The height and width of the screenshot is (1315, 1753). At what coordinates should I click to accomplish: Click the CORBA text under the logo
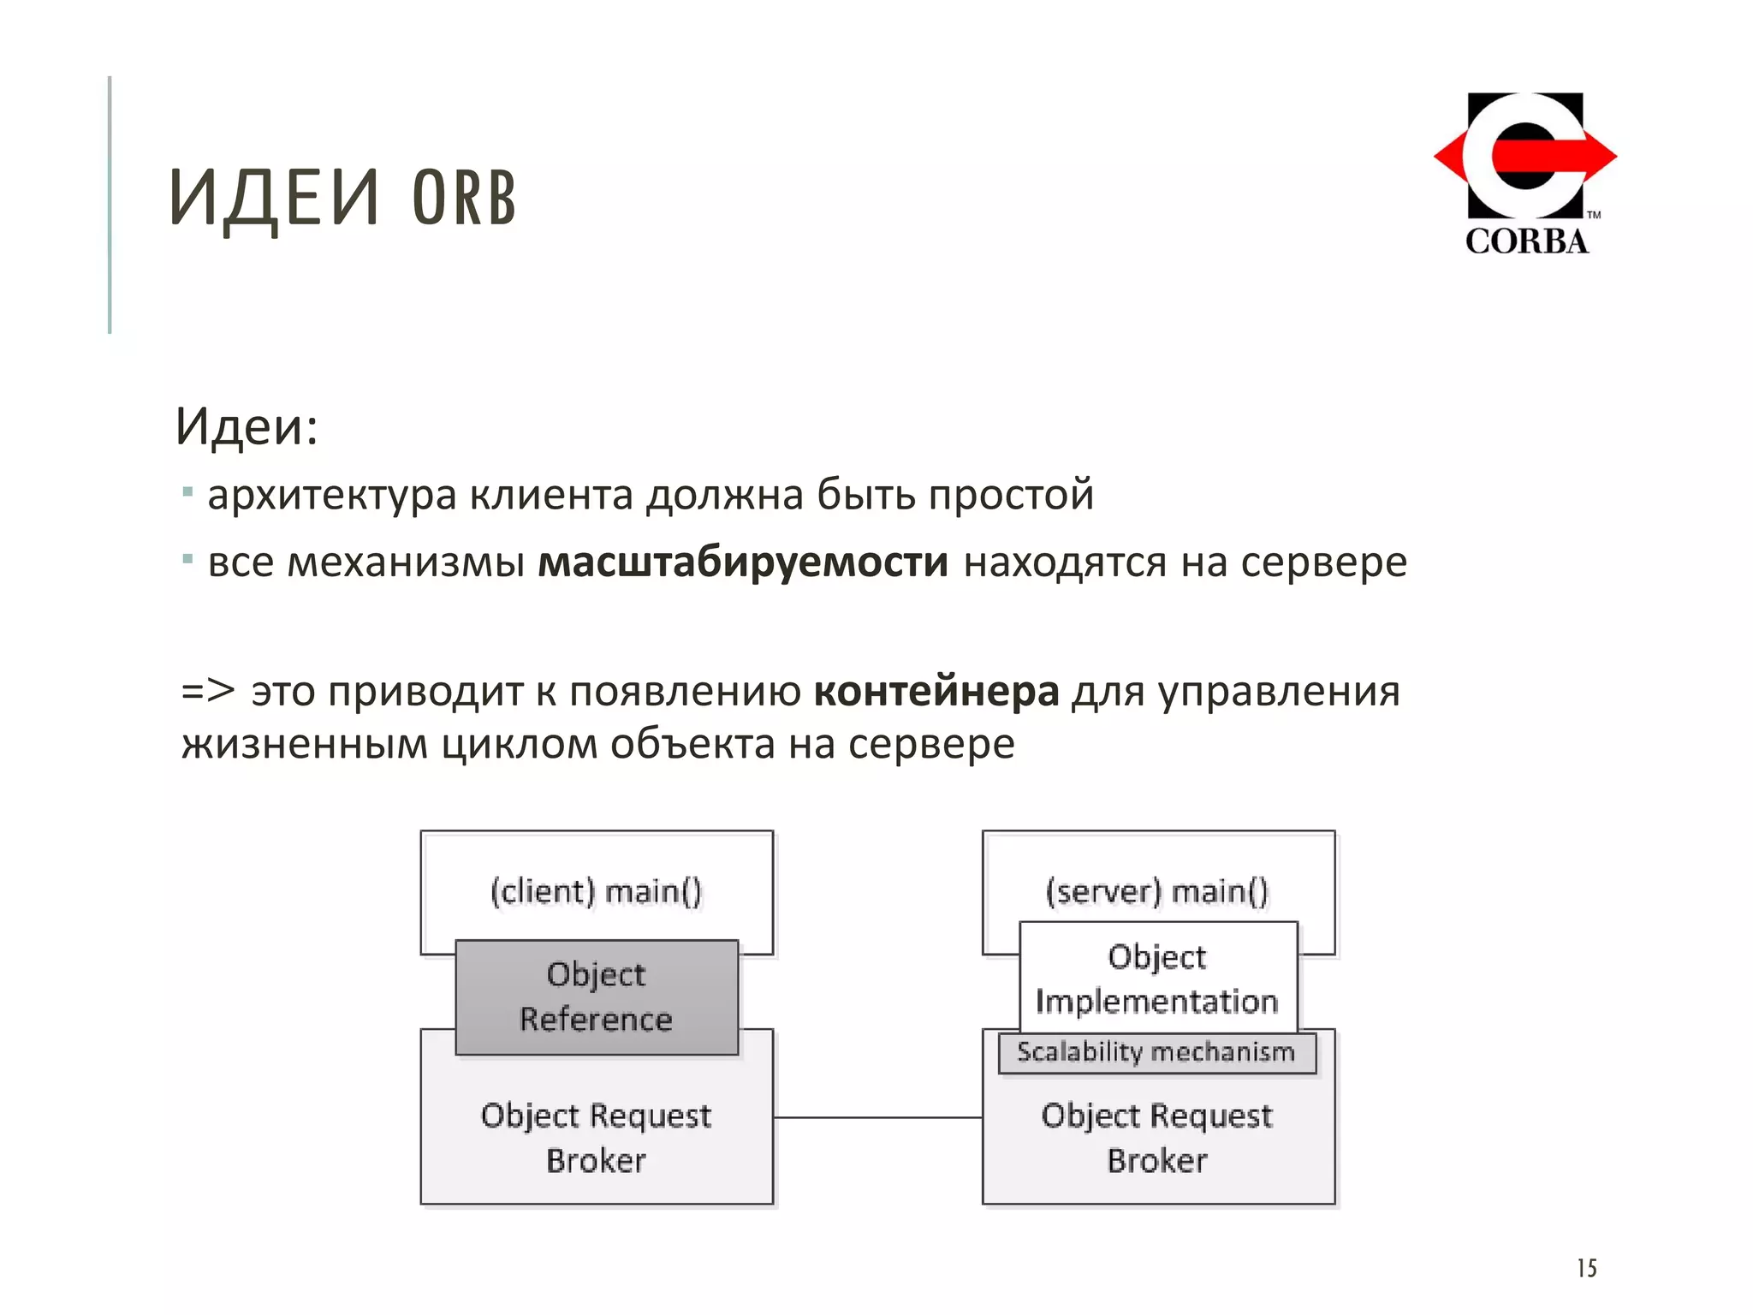(1526, 241)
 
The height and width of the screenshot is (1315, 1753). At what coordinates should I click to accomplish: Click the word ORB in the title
(464, 199)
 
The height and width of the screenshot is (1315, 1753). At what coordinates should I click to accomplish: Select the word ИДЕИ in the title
(274, 199)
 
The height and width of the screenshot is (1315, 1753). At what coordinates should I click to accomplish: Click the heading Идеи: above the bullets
(247, 426)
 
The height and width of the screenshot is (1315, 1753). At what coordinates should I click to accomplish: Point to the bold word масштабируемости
(742, 562)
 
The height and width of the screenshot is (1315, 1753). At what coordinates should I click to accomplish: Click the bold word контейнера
(936, 691)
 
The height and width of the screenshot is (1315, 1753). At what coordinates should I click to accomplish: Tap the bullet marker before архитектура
(187, 493)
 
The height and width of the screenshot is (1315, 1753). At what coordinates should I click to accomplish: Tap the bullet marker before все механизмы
(187, 561)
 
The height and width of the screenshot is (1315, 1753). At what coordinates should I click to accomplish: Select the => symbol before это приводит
(207, 691)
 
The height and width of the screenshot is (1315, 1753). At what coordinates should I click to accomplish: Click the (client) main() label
(596, 891)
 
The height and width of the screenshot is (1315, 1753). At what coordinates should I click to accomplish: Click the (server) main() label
(1156, 891)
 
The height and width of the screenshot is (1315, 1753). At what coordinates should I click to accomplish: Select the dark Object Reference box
(596, 997)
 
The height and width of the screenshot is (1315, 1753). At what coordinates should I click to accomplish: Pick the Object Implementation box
(1156, 979)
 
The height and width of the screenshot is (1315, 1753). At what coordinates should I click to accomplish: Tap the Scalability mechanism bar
(1156, 1052)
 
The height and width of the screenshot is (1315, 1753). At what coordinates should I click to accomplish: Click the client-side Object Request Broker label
(596, 1138)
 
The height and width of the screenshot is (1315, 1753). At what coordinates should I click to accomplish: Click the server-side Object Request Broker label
(1156, 1138)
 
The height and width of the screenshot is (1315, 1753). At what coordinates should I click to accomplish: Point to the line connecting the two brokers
(877, 1117)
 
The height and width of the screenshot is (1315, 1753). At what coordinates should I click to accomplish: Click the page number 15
(1586, 1268)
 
